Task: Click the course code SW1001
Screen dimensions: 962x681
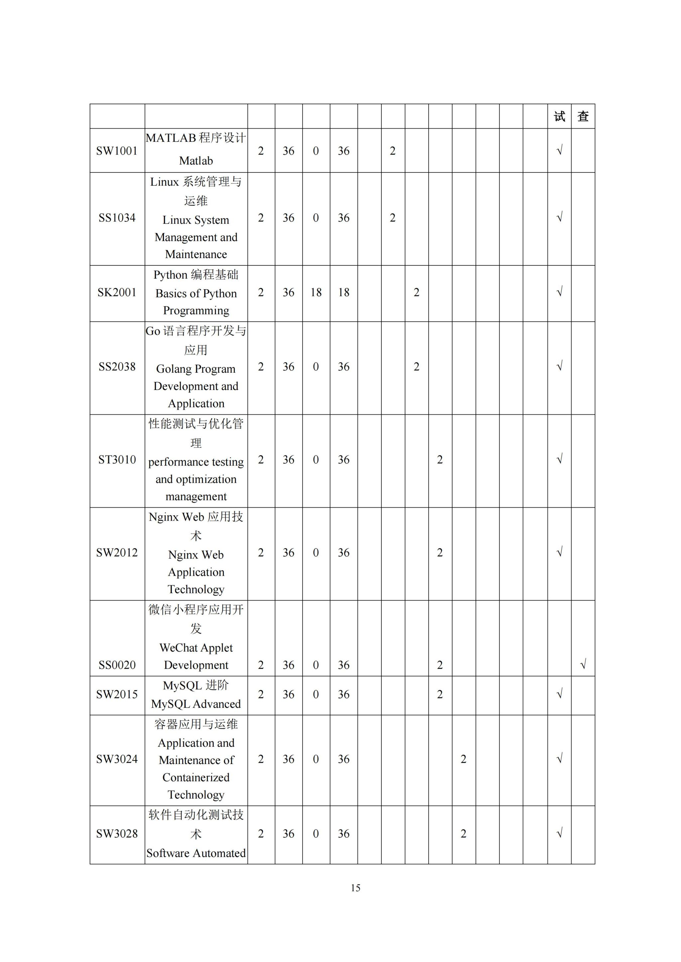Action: tap(117, 151)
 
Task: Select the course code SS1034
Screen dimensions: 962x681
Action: tap(117, 218)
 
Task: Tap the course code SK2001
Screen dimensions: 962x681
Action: tap(117, 292)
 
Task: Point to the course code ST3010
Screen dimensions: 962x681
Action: tap(117, 460)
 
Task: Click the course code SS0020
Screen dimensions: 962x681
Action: tap(117, 665)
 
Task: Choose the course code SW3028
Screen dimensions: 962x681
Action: tap(117, 834)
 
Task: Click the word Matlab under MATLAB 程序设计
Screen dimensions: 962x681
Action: tap(196, 161)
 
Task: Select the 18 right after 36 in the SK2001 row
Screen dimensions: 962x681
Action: tap(316, 292)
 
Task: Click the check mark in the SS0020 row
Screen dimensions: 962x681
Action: tap(583, 664)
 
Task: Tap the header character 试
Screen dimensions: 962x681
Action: tap(559, 117)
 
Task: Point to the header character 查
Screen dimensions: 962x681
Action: tap(583, 117)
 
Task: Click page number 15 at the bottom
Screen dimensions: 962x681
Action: tap(355, 888)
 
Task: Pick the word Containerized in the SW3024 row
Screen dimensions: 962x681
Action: tap(196, 778)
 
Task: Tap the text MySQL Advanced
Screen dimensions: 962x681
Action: tap(196, 704)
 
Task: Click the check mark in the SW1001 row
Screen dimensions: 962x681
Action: tap(559, 150)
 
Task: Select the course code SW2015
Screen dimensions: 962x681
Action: tap(117, 694)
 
